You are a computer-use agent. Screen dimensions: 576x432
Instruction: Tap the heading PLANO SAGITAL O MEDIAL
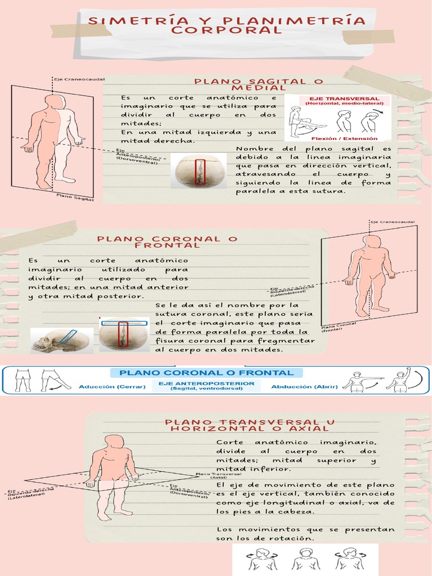[x=250, y=85]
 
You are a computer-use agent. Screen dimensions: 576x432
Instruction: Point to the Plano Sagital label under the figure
[x=75, y=196]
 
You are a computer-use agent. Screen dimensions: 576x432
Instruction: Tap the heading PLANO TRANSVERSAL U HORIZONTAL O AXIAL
[x=250, y=425]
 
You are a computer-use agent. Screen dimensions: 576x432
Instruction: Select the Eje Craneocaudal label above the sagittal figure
[x=79, y=79]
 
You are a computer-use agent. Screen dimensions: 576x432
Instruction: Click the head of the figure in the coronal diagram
[x=372, y=241]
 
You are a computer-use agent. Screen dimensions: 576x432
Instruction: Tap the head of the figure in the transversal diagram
[x=115, y=441]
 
